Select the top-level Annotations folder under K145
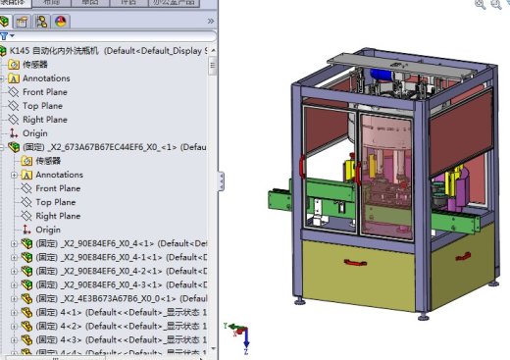(x=46, y=77)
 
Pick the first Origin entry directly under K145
(x=34, y=132)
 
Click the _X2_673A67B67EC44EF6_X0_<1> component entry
(x=108, y=147)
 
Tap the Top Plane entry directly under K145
(x=44, y=105)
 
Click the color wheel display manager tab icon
(x=62, y=21)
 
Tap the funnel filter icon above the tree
(x=5, y=35)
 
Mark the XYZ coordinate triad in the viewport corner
(x=240, y=334)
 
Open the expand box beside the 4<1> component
(x=14, y=312)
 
